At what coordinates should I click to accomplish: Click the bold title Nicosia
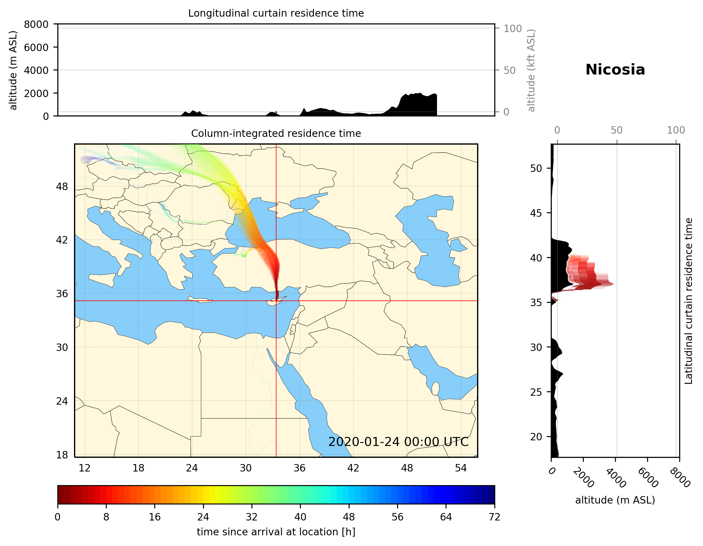(x=615, y=70)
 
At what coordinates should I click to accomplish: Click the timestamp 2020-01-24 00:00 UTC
(x=398, y=442)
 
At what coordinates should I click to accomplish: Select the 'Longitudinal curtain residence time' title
(x=276, y=13)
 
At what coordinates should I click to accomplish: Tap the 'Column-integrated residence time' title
(x=276, y=133)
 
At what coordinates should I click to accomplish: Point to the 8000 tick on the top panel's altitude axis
(x=36, y=24)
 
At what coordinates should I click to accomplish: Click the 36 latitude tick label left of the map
(x=62, y=294)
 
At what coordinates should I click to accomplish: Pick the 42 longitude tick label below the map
(x=353, y=468)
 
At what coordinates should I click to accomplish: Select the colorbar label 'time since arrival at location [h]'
(x=276, y=532)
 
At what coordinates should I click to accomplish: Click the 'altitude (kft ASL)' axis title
(x=531, y=70)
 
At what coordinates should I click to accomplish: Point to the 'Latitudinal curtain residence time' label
(x=688, y=301)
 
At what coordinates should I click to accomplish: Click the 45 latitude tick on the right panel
(x=536, y=213)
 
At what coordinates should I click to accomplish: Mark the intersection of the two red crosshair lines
(x=276, y=301)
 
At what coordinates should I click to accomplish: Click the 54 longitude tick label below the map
(x=461, y=468)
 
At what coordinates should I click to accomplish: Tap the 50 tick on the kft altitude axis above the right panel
(x=616, y=130)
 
